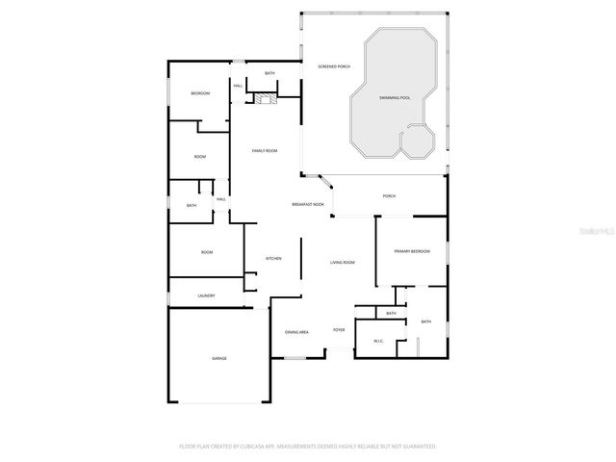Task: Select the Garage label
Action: click(219, 358)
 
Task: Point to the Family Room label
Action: click(265, 151)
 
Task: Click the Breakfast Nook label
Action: click(308, 204)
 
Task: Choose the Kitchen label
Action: click(272, 258)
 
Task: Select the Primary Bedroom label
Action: click(412, 251)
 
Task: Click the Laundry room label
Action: click(206, 295)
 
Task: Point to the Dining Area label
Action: click(296, 332)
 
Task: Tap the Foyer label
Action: click(339, 329)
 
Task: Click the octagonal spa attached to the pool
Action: click(417, 142)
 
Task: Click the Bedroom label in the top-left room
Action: click(200, 93)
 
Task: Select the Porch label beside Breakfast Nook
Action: click(389, 196)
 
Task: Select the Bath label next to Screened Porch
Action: click(270, 73)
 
